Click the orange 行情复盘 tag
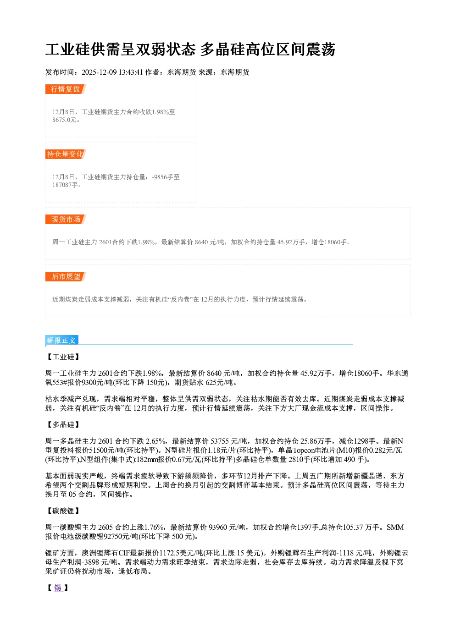66,89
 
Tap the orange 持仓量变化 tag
66,154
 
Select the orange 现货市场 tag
66,220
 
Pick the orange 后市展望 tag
66,276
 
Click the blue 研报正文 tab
61,341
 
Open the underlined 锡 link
58,588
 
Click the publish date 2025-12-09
99,72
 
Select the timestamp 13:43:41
131,72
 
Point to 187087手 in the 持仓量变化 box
65,185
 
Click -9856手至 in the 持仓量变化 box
166,177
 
